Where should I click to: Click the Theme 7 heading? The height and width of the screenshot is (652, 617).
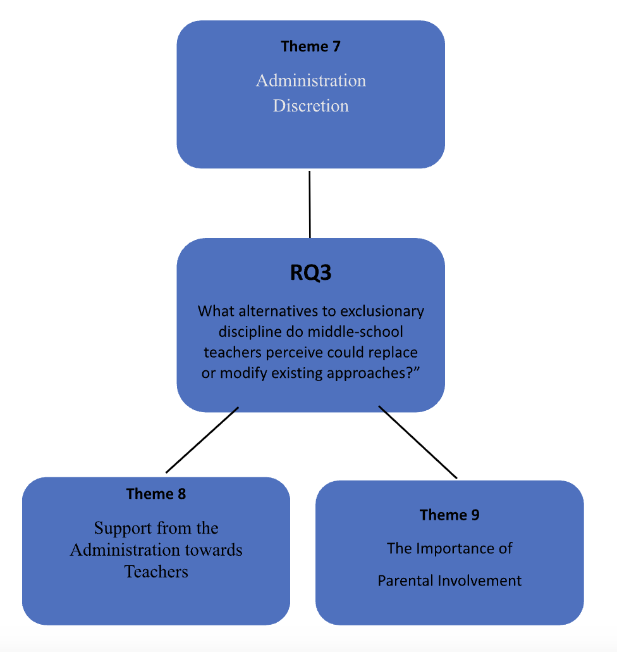pyautogui.click(x=310, y=46)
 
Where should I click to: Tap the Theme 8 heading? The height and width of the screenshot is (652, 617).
pyautogui.click(x=156, y=494)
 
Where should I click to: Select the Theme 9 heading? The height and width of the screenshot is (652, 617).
pyautogui.click(x=449, y=515)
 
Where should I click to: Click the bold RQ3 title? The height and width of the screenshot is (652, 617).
pyautogui.click(x=310, y=273)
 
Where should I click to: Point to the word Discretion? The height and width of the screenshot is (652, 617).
pyautogui.click(x=310, y=106)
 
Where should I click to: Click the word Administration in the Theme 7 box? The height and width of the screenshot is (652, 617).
pyautogui.click(x=310, y=81)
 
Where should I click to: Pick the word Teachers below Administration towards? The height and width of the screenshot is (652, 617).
pyautogui.click(x=156, y=571)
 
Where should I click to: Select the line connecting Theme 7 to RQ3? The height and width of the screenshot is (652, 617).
pyautogui.click(x=309, y=203)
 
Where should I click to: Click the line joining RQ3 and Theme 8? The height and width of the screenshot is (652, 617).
pyautogui.click(x=202, y=439)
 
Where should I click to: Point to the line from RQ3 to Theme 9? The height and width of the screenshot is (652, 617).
pyautogui.click(x=417, y=442)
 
